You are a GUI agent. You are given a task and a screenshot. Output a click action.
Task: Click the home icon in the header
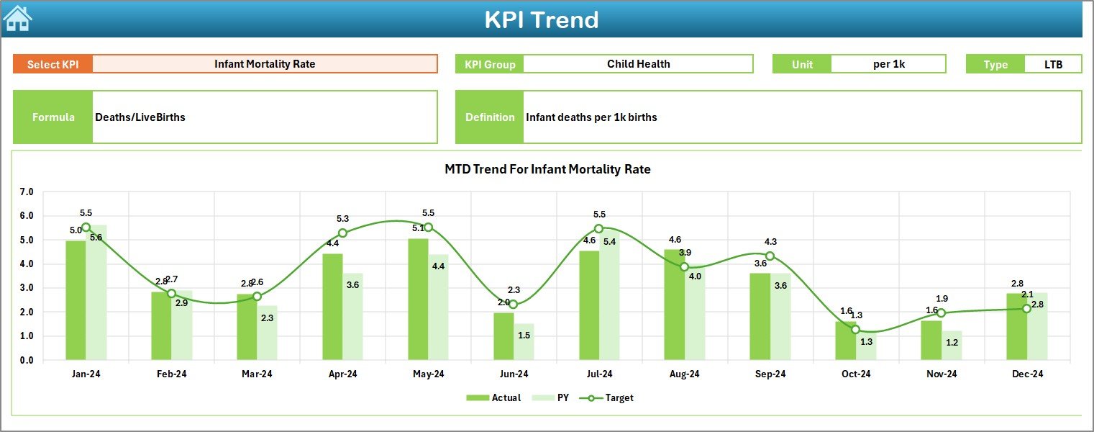(17, 19)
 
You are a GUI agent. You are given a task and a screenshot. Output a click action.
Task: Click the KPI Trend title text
(541, 19)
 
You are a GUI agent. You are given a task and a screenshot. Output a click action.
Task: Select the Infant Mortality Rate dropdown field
(265, 64)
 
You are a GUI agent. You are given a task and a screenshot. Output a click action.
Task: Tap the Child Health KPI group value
(638, 64)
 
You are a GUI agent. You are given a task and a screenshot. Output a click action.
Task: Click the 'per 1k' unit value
(888, 64)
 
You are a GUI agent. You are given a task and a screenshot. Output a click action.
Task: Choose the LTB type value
(1053, 64)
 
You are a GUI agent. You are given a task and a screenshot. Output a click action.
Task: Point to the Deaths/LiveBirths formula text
(140, 117)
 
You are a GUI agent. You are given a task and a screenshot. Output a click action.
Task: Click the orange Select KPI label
(53, 64)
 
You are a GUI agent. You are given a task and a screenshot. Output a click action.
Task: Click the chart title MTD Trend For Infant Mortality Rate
(547, 169)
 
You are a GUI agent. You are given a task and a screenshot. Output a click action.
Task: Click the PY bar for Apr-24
(352, 317)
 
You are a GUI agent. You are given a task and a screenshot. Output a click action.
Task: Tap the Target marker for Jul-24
(598, 228)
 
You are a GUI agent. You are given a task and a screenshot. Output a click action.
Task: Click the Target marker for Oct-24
(855, 329)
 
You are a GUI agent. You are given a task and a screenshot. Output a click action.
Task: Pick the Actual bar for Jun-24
(503, 336)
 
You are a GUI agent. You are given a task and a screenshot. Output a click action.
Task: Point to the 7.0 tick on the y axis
(27, 192)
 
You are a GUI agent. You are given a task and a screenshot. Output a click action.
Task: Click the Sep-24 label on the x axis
(770, 374)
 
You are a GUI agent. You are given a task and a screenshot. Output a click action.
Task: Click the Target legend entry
(611, 397)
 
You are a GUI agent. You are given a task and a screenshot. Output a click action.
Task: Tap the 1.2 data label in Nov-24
(952, 343)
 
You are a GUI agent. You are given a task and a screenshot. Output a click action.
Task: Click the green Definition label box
(490, 117)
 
